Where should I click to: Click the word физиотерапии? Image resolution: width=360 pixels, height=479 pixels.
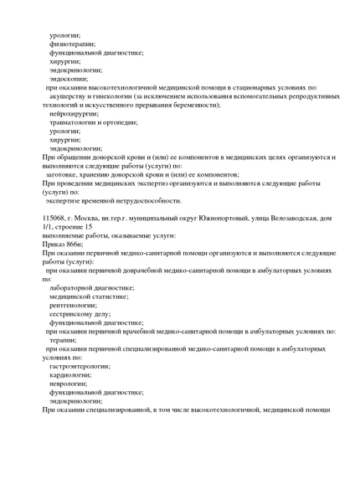coord(72,44)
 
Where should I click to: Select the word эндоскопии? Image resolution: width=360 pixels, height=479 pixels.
coord(69,79)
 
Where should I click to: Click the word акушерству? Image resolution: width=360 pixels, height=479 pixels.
coord(69,96)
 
